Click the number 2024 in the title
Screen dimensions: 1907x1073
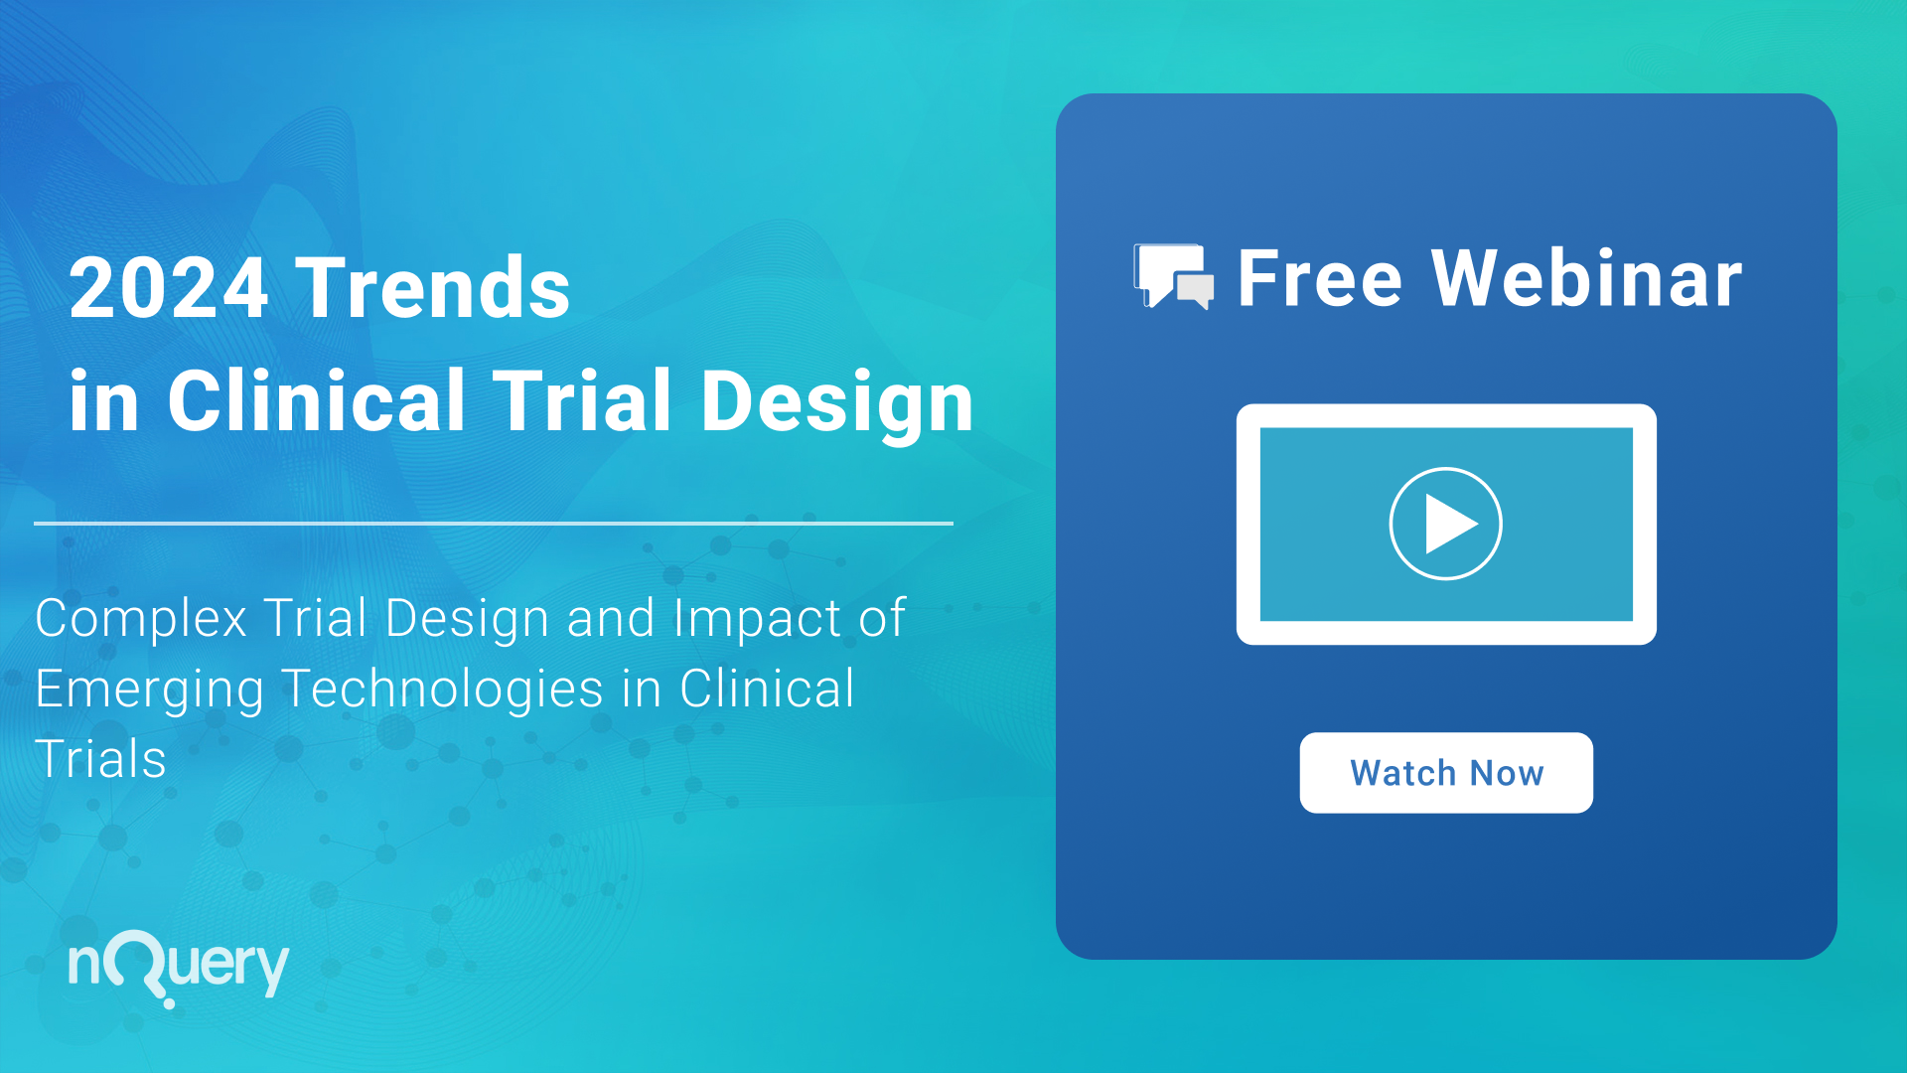click(x=169, y=287)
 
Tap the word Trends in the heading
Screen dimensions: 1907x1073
click(x=433, y=287)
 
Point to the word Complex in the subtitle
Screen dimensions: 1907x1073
click(x=141, y=619)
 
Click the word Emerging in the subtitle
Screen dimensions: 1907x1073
click(x=150, y=690)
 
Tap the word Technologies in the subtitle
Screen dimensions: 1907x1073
click(x=443, y=690)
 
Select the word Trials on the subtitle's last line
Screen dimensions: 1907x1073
click(x=100, y=759)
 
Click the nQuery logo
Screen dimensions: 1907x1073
click(x=179, y=967)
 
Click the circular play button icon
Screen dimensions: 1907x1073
click(x=1445, y=524)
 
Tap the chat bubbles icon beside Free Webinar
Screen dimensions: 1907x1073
click(x=1174, y=276)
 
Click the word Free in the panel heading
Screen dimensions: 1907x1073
click(x=1320, y=278)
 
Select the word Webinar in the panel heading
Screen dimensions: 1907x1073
click(x=1586, y=278)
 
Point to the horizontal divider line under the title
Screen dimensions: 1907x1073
click(x=494, y=523)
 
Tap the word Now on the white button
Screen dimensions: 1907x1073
click(x=1507, y=773)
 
